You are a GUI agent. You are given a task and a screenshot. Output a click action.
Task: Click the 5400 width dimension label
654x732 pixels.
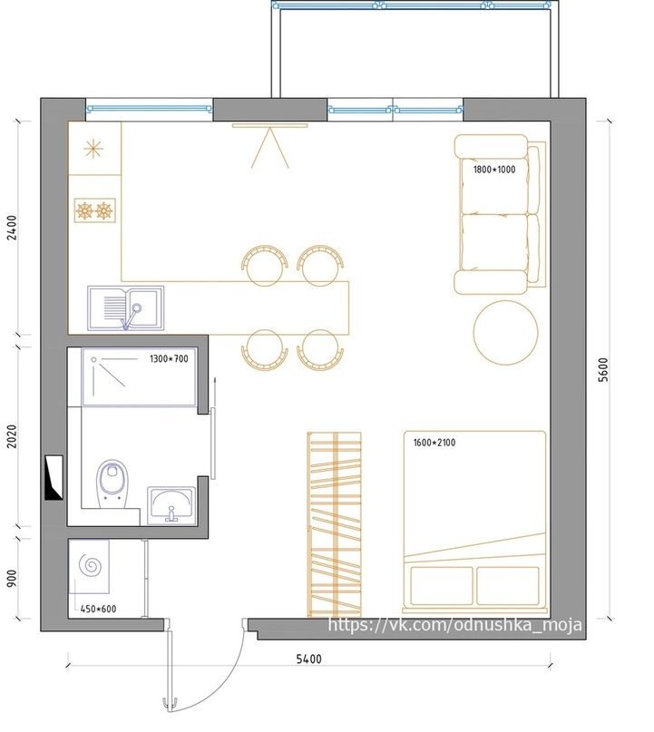(309, 659)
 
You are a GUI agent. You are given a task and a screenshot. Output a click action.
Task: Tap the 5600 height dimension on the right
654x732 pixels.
(603, 370)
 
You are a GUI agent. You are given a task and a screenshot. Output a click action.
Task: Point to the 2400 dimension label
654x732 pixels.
(12, 228)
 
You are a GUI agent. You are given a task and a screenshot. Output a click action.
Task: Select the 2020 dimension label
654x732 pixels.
(12, 436)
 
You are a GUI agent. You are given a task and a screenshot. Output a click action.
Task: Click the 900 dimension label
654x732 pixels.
(12, 578)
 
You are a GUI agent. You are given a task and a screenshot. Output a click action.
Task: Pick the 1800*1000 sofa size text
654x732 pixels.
(494, 170)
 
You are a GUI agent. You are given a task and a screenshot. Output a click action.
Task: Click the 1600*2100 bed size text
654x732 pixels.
(434, 442)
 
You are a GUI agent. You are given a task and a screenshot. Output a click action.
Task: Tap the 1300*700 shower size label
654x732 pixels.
(169, 358)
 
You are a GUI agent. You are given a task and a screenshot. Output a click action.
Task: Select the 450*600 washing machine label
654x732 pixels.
(98, 609)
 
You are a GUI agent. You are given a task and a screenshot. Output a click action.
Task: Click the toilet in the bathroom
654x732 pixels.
(112, 483)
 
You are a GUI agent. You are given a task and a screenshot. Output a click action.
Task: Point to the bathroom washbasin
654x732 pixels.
(171, 505)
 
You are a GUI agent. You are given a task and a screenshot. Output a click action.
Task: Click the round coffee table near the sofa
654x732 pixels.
(505, 332)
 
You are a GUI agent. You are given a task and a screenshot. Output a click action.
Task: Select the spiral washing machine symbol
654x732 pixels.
(90, 566)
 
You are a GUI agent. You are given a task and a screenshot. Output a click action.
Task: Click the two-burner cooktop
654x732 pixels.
(94, 210)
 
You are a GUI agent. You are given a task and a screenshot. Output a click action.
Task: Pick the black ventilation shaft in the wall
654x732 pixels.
(54, 478)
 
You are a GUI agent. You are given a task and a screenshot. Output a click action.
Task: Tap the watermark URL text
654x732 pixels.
(455, 625)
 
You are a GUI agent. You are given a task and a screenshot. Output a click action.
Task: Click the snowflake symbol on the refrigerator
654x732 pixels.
(93, 149)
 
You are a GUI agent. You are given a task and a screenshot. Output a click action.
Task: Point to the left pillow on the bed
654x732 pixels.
(442, 585)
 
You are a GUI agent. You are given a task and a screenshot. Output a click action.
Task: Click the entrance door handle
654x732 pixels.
(169, 705)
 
